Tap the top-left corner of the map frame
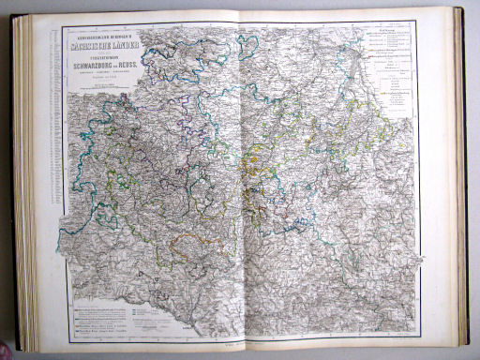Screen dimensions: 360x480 coord(63,25)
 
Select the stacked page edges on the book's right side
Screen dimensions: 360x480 coord(459,178)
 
